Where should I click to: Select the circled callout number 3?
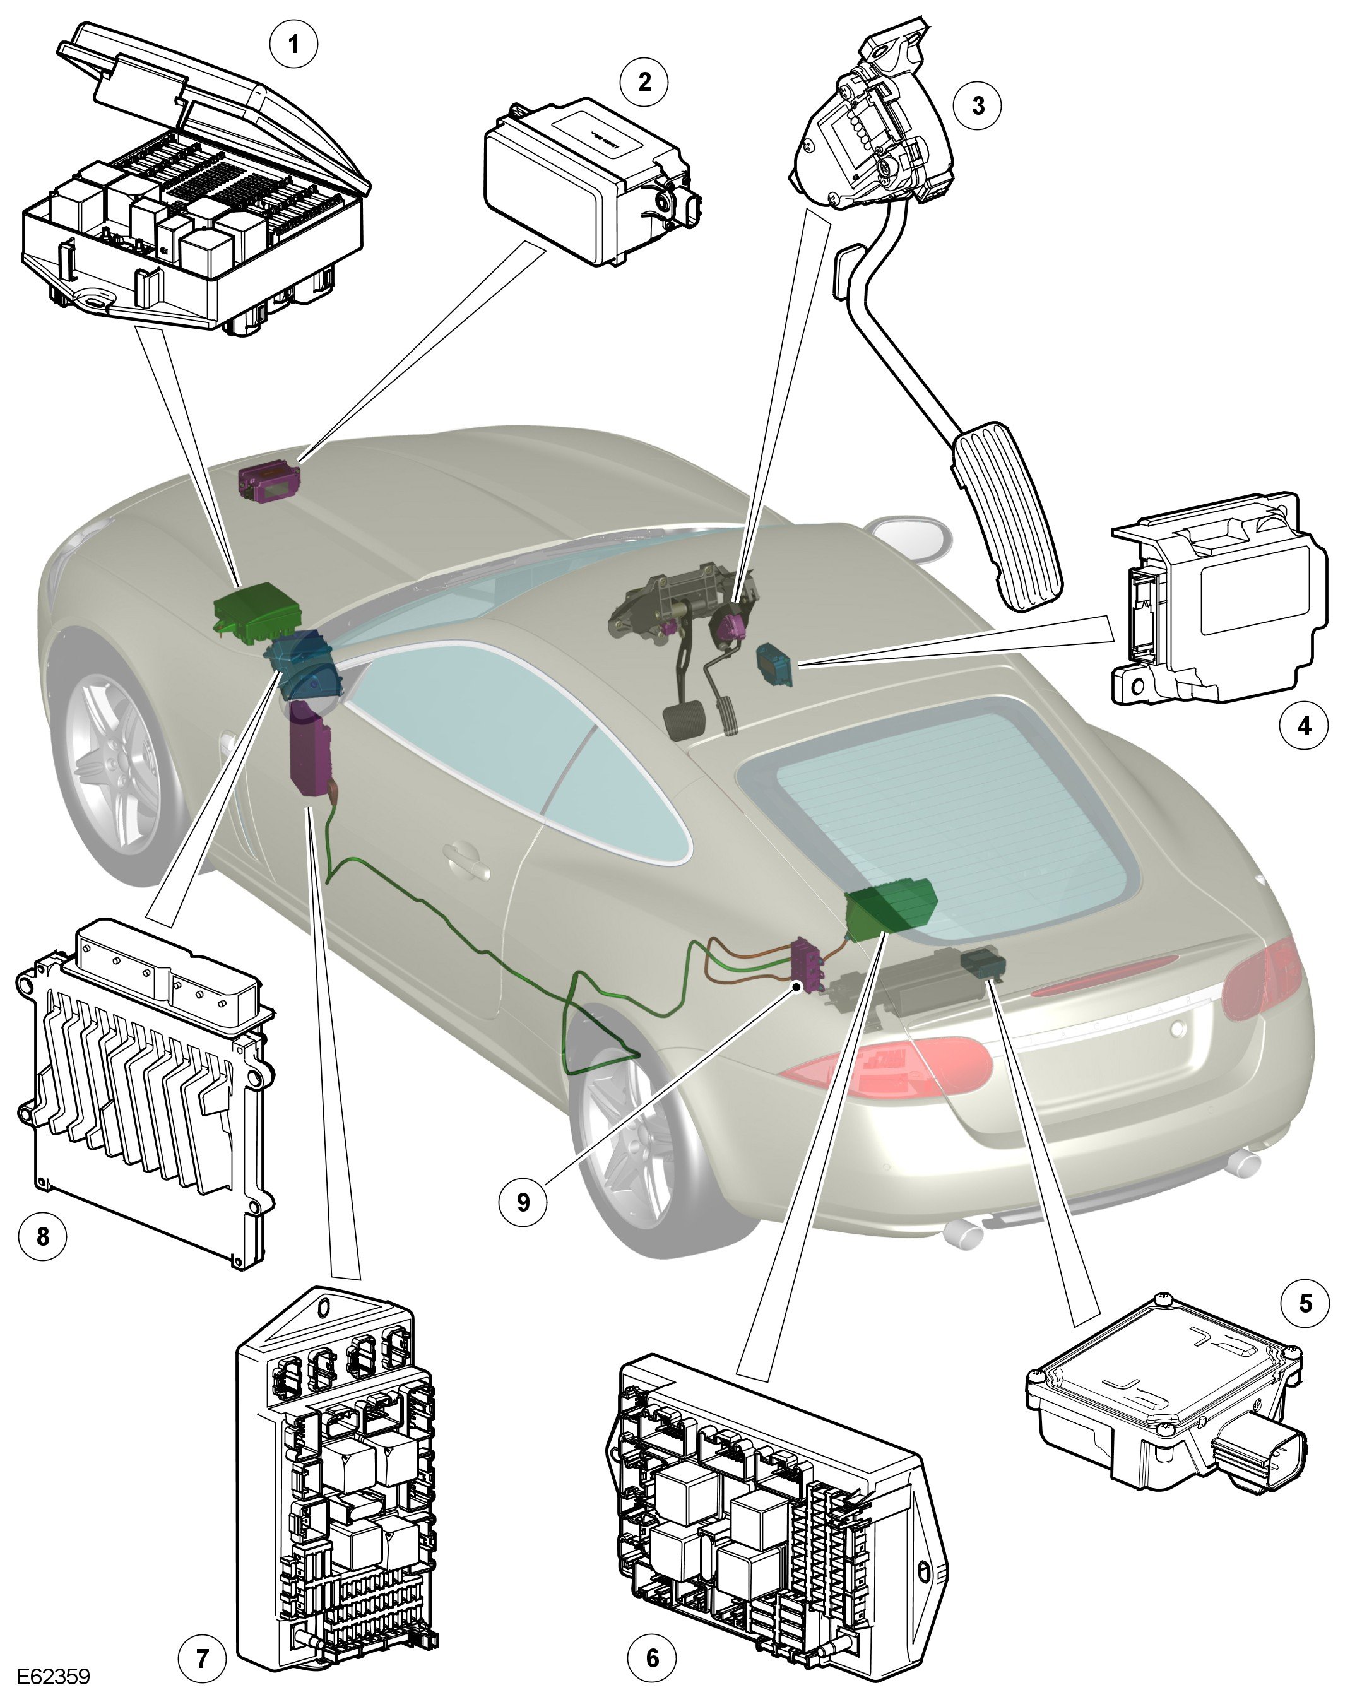tap(978, 105)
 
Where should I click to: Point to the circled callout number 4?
tap(1303, 724)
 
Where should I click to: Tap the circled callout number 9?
tap(523, 1201)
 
